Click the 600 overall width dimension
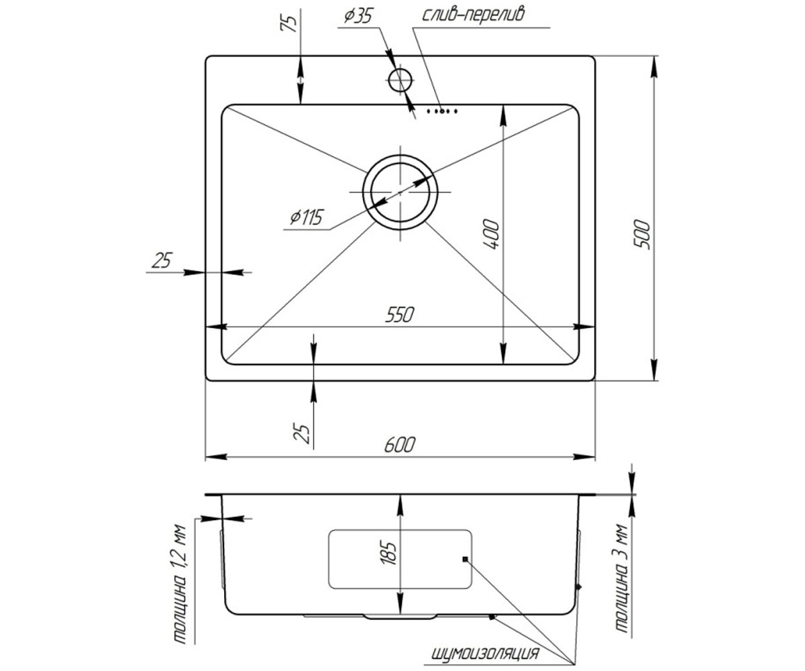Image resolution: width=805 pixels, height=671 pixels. pos(399,445)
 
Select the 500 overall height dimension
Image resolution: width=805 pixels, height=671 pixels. pos(642,234)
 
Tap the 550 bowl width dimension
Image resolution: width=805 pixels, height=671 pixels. pos(399,315)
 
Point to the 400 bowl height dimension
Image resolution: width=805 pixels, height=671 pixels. pos(491,234)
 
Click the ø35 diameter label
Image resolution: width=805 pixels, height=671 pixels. pos(358,16)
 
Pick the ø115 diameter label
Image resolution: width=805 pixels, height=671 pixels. pos(306,217)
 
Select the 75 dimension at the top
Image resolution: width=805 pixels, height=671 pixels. pos(288,24)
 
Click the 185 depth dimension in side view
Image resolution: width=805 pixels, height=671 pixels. pos(388,554)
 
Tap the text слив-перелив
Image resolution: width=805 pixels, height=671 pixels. pos(473,15)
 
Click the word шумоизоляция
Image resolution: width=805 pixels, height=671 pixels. pos(484,643)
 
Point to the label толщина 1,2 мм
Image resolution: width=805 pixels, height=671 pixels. pos(180,584)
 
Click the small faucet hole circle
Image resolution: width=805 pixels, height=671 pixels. pos(400,81)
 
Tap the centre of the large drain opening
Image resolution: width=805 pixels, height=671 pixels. pos(400,192)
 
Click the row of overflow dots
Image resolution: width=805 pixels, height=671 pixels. pos(442,111)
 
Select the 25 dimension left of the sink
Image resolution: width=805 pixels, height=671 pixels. pos(162,260)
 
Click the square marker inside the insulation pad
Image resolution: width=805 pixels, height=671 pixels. pos(465,559)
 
